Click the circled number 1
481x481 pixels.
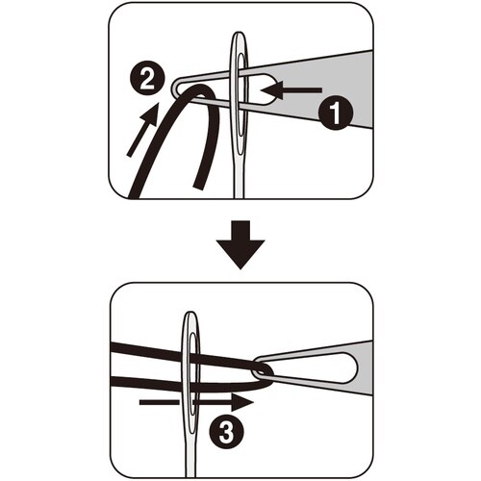click(336, 113)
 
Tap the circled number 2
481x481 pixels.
click(147, 79)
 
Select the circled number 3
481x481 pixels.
click(227, 432)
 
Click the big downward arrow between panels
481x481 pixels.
click(240, 244)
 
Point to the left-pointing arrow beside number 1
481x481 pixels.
click(291, 90)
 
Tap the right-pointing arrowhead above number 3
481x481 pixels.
click(242, 402)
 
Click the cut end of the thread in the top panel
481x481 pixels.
click(199, 187)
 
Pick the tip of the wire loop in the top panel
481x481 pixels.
click(173, 87)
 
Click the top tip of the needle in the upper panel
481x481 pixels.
click(239, 32)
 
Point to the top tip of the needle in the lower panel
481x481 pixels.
click(190, 312)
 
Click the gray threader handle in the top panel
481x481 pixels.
click(320, 89)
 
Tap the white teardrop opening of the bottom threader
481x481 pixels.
click(327, 368)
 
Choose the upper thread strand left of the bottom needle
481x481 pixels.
click(146, 351)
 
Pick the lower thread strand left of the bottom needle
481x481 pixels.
click(146, 383)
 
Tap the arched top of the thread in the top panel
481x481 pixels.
click(199, 89)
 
